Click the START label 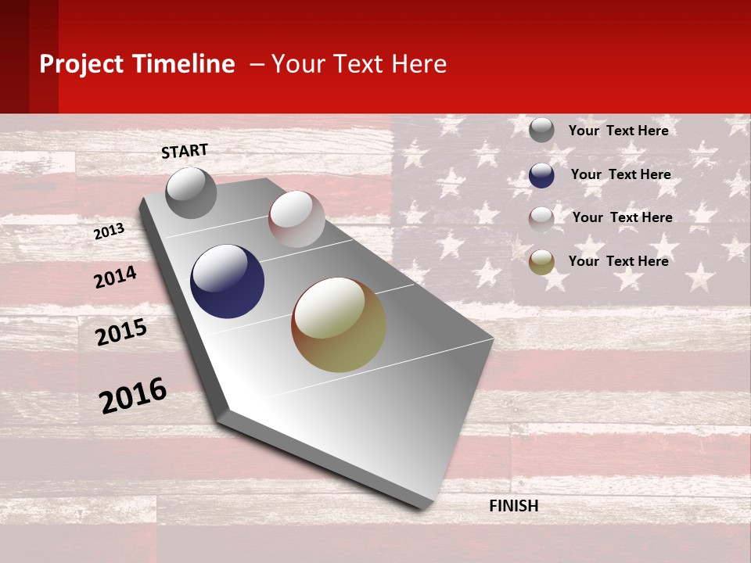coord(185,151)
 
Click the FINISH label coord(513,506)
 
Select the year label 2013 coord(109,231)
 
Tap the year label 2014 coord(115,277)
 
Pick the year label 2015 coord(120,332)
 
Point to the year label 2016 coord(133,395)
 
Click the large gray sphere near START coord(191,192)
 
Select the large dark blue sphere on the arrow coord(227,281)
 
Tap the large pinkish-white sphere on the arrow coord(296,218)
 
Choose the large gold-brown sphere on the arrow coord(339,325)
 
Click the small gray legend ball coord(541,130)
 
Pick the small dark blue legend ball coord(541,175)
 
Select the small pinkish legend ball coord(541,219)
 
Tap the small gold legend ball coord(541,262)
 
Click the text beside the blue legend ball coord(620,174)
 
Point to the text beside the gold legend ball coord(618,261)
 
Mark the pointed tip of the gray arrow coord(426,507)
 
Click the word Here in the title coord(419,64)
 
